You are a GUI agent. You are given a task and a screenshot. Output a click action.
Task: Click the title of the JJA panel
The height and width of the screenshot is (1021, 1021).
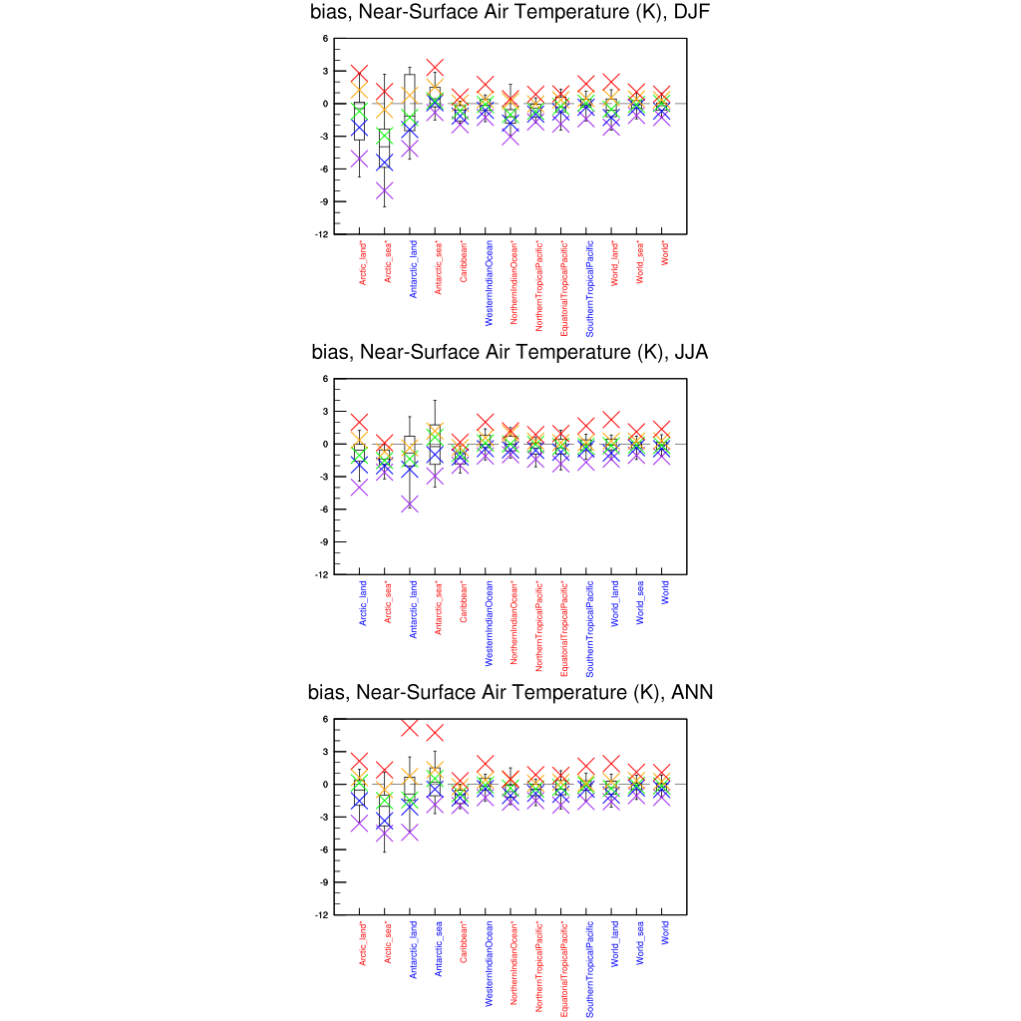click(510, 352)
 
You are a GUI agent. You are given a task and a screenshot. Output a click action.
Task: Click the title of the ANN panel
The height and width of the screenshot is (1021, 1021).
click(510, 692)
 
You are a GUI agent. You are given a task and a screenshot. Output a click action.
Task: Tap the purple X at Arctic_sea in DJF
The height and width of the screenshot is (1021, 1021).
click(385, 191)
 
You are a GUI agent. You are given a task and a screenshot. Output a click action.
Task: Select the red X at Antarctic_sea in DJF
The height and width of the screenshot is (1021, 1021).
click(435, 68)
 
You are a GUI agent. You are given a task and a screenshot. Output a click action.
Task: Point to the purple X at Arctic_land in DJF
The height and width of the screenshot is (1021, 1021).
click(360, 159)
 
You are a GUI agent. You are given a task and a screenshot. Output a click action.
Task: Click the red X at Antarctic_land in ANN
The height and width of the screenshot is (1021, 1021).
click(410, 727)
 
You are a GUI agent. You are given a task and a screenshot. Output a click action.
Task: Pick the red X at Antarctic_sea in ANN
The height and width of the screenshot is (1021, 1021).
click(435, 733)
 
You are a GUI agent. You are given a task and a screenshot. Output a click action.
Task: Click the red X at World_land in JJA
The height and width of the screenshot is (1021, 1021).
click(612, 420)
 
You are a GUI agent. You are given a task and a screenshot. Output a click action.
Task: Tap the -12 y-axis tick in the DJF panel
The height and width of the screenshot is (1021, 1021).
click(325, 234)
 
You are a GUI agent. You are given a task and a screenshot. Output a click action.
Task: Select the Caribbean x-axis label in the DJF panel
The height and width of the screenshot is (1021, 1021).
click(464, 261)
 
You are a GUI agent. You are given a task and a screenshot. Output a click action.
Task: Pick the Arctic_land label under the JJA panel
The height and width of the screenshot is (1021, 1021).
click(363, 603)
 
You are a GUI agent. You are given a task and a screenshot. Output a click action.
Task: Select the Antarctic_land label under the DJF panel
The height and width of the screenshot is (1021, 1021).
click(413, 269)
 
